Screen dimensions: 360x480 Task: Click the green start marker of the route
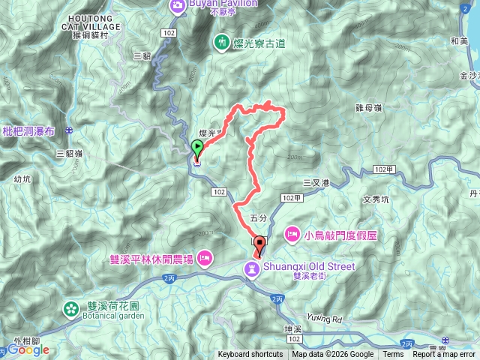tap(197, 148)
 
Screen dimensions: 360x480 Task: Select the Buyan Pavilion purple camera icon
tap(178, 6)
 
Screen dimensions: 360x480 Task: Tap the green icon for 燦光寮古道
tap(222, 42)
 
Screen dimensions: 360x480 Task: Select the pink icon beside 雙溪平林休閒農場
tap(205, 259)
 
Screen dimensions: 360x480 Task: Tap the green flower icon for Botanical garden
tap(71, 308)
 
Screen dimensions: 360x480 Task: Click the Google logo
tap(28, 349)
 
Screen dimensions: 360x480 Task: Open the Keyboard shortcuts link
tap(250, 355)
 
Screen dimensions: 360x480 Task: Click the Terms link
tap(393, 355)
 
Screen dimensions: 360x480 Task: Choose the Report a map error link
tap(444, 355)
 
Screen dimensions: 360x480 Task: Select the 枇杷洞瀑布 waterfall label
tap(28, 130)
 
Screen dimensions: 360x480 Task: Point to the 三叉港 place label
tap(316, 182)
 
